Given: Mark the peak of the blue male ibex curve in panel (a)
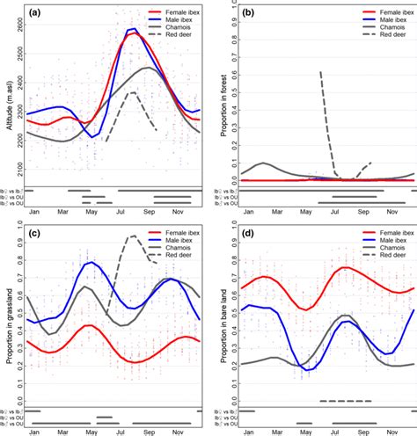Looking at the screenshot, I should click(132, 30).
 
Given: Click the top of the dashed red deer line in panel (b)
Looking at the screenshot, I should click(319, 72).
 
